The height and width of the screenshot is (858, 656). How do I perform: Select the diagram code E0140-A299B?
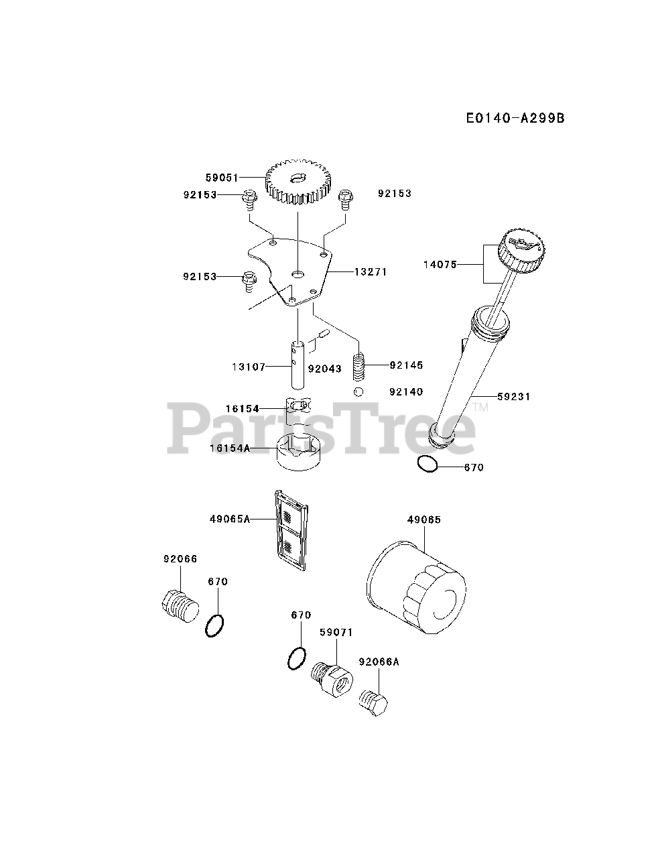click(x=515, y=118)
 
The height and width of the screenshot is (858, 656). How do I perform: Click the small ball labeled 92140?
click(x=360, y=392)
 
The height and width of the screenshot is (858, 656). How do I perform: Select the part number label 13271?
click(x=371, y=272)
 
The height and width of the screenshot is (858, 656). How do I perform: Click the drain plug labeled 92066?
click(x=180, y=606)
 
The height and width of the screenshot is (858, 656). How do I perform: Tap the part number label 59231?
click(x=514, y=397)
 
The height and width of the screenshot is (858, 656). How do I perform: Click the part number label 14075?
click(x=440, y=265)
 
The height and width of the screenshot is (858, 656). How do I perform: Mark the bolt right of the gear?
click(x=346, y=197)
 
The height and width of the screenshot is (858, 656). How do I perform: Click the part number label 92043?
click(x=325, y=368)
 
